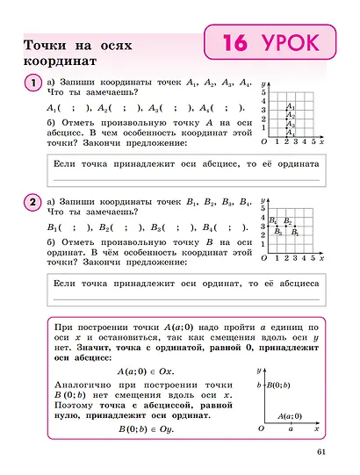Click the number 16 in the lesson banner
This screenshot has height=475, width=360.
(x=236, y=43)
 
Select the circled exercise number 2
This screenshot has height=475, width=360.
(x=32, y=203)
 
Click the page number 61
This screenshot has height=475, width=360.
(x=319, y=453)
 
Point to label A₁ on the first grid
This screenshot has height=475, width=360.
(x=290, y=106)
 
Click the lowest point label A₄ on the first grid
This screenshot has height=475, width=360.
(x=291, y=133)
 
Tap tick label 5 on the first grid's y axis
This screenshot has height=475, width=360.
(x=263, y=91)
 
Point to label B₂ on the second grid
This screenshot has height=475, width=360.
(x=290, y=221)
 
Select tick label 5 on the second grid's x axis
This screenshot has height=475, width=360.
(x=312, y=261)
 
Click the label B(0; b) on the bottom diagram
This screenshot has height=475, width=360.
(x=279, y=385)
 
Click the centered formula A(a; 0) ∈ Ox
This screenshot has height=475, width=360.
(x=145, y=371)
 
